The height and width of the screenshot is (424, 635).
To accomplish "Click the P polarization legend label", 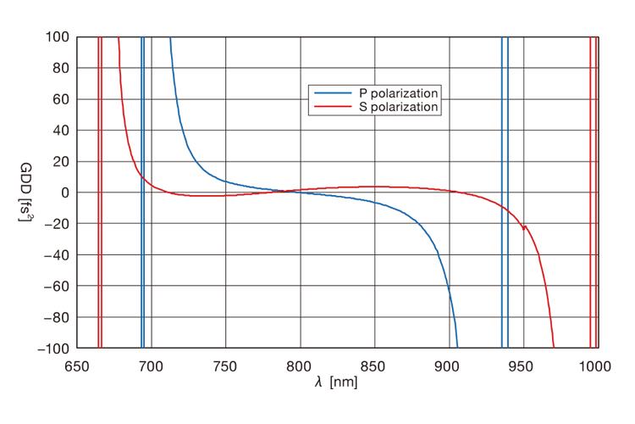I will [x=394, y=92].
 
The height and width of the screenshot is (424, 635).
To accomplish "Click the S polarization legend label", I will [x=394, y=108].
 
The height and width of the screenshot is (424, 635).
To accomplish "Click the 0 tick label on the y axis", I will [x=64, y=192].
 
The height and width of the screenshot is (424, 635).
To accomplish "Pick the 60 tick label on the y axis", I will [x=61, y=99].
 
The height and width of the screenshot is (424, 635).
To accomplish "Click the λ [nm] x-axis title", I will [x=335, y=382].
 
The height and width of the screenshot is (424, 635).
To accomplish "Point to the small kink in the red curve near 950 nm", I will [x=524, y=226].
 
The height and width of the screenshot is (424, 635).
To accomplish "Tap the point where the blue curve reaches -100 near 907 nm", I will [x=457, y=347].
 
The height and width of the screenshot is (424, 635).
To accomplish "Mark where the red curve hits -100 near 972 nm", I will [x=554, y=347].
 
